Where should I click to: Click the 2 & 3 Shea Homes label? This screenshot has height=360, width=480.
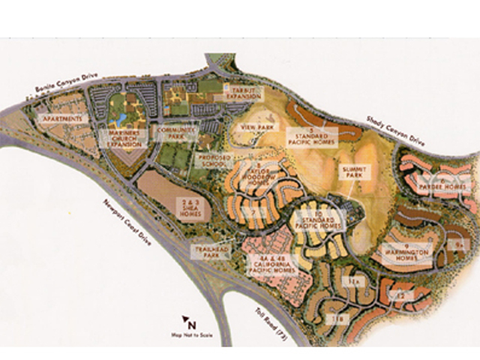pyautogui.click(x=189, y=207)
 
